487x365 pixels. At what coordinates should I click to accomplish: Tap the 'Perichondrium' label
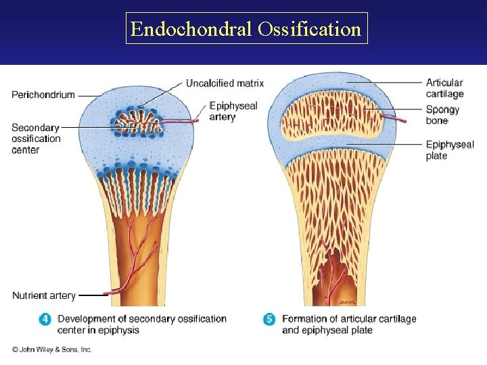click(43, 95)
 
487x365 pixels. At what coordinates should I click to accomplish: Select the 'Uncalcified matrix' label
click(225, 83)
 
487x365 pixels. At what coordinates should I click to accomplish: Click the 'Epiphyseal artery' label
click(233, 112)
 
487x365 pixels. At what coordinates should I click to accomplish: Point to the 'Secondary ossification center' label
click(36, 139)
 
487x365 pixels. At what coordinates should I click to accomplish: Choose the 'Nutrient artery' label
click(44, 295)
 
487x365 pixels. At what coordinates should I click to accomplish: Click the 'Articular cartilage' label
click(444, 89)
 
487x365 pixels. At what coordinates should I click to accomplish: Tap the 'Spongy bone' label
click(442, 115)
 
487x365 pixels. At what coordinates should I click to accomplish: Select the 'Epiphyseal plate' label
click(450, 149)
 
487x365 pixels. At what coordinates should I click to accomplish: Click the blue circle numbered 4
click(45, 319)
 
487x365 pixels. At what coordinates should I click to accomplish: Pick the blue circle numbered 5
click(269, 319)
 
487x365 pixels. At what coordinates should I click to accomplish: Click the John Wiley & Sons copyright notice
click(51, 349)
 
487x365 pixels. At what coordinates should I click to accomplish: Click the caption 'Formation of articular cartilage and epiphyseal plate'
click(348, 324)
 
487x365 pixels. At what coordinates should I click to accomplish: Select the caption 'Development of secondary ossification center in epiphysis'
click(141, 324)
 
